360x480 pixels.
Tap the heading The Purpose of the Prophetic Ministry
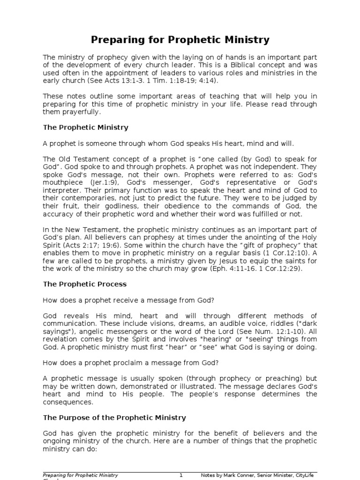[x=114, y=417]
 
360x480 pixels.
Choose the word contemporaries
[x=83, y=198]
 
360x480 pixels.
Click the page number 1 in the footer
[x=181, y=475]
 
